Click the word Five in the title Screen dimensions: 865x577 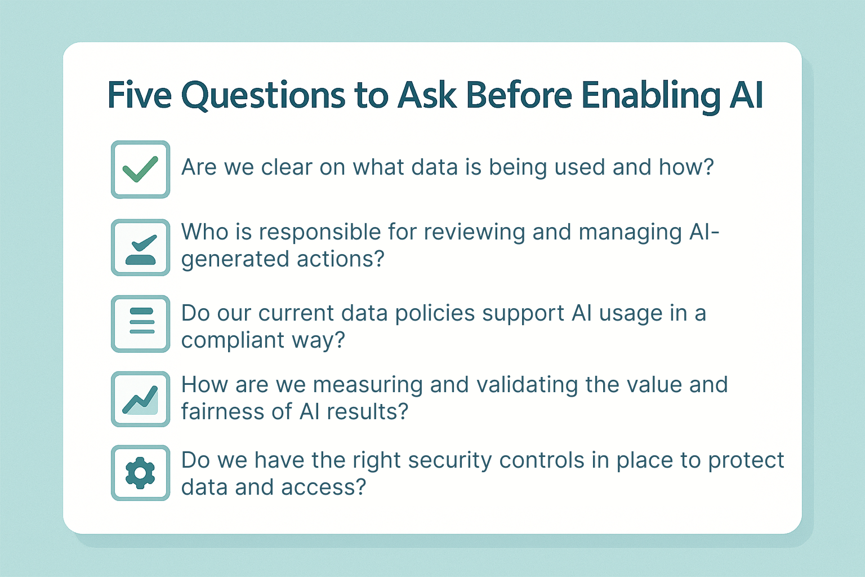point(140,95)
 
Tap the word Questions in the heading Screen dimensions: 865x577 point(263,96)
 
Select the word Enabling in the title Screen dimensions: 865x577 point(651,96)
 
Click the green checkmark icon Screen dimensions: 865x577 point(140,169)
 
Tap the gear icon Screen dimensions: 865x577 point(140,473)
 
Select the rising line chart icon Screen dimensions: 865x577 point(140,400)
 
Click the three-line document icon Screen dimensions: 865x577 point(142,321)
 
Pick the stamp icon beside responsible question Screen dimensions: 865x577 point(141,250)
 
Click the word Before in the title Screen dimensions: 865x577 point(519,95)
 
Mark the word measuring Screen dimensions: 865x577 point(368,386)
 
